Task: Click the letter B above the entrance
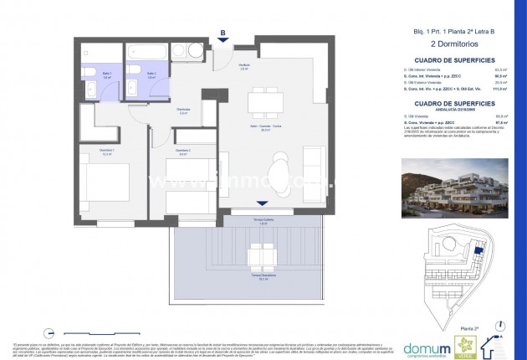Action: point(223,33)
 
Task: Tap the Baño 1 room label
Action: point(96,74)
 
